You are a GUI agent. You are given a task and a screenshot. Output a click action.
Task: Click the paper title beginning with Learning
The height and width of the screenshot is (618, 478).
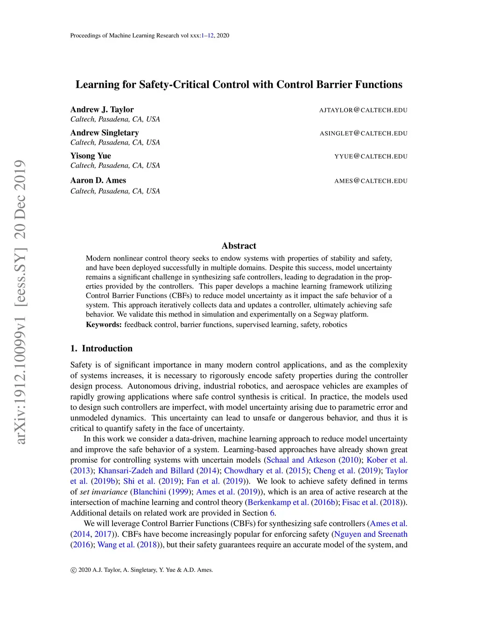[x=239, y=84]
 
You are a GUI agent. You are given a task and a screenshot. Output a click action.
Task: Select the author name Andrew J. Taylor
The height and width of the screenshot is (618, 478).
[x=102, y=110]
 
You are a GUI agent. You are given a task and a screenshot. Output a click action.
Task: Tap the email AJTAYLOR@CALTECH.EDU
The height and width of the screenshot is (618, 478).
[x=363, y=110]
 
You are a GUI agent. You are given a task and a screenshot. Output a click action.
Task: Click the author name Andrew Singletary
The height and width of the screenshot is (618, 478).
[x=105, y=133]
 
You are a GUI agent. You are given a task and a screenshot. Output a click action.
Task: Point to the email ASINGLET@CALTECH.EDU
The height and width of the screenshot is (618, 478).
[x=363, y=133]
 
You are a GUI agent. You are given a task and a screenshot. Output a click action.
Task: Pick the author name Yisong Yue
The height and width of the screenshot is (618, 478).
[x=91, y=156]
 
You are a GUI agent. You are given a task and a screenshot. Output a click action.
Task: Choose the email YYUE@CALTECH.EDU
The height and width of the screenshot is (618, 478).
[x=371, y=157]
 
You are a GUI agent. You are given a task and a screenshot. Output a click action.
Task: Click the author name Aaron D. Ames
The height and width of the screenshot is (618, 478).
[x=98, y=181]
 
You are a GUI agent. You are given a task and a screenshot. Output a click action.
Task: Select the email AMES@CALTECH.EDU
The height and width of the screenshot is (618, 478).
[x=371, y=181]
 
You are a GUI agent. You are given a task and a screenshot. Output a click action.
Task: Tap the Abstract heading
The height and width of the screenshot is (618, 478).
[x=239, y=246]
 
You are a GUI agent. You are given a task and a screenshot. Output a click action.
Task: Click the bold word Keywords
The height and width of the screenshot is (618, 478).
[x=104, y=325]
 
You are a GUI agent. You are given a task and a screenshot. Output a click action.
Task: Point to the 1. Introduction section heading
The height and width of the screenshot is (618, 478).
[x=101, y=348]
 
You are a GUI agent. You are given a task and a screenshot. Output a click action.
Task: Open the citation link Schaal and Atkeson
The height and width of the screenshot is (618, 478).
[x=301, y=460]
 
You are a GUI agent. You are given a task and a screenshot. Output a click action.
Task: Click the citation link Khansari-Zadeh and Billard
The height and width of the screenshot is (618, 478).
[x=146, y=471]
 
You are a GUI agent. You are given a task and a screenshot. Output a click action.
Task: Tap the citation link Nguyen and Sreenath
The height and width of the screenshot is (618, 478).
[x=371, y=534]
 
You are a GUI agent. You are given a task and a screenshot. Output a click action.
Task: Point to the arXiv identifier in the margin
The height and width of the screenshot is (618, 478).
[x=20, y=302]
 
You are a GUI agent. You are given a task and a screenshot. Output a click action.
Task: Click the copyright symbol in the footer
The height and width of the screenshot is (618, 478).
[x=73, y=570]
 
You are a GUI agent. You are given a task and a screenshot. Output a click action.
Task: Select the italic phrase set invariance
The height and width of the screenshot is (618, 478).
[x=104, y=492]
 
